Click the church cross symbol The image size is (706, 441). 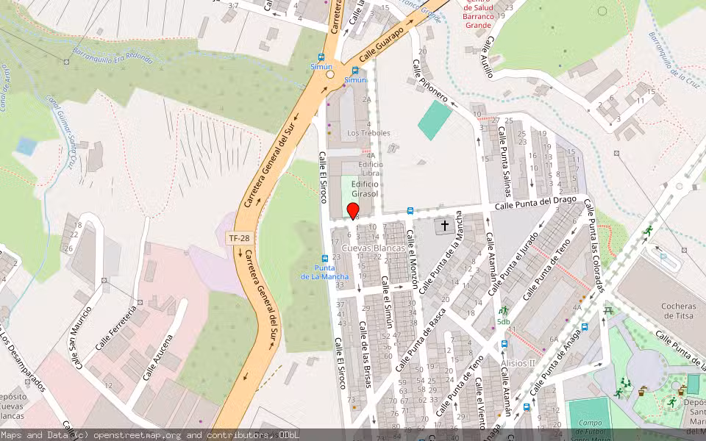(x=445, y=226)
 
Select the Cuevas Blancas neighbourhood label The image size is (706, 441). (x=373, y=248)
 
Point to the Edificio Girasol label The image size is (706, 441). (x=365, y=189)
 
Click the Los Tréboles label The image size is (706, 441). (x=369, y=133)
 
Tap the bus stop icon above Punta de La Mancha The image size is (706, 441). (x=324, y=259)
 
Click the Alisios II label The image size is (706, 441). (x=518, y=363)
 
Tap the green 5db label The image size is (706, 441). (x=504, y=321)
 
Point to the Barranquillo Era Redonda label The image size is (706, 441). (x=113, y=55)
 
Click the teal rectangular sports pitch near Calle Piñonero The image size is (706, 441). (x=435, y=120)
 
